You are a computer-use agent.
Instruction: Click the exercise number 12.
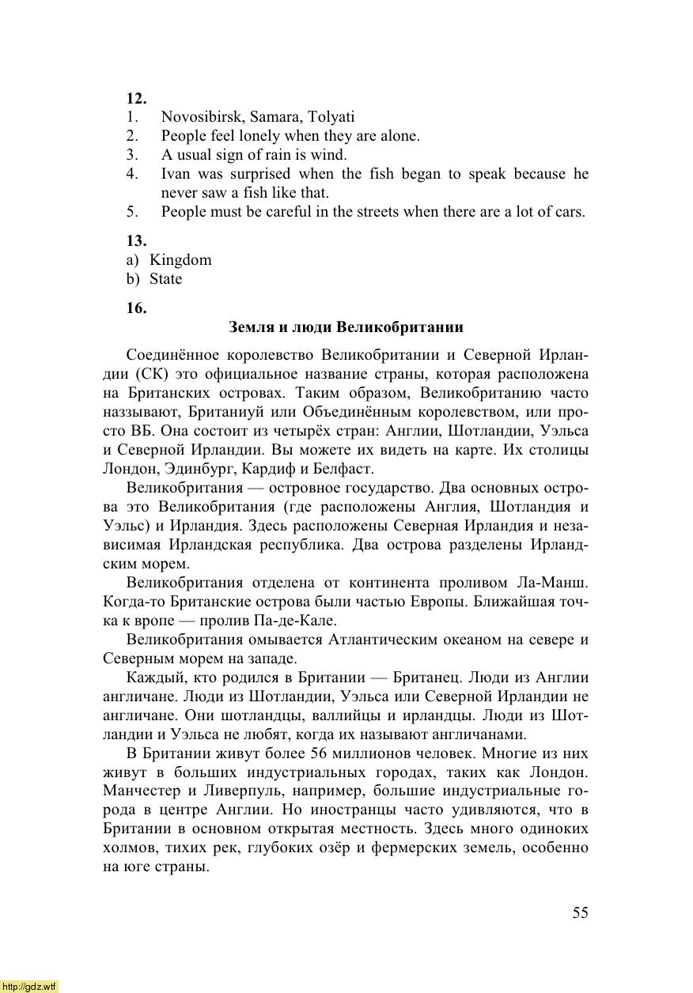point(136,98)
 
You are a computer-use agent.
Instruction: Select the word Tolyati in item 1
point(331,117)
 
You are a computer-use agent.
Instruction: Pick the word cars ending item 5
point(569,212)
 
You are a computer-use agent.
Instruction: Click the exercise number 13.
point(136,240)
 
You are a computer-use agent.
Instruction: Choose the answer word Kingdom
point(180,259)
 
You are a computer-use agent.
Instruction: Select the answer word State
point(165,278)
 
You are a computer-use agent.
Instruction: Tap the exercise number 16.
point(136,308)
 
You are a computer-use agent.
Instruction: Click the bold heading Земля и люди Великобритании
point(346,327)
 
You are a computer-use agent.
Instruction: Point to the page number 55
point(581,912)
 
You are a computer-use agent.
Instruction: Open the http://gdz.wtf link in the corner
point(29,987)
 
